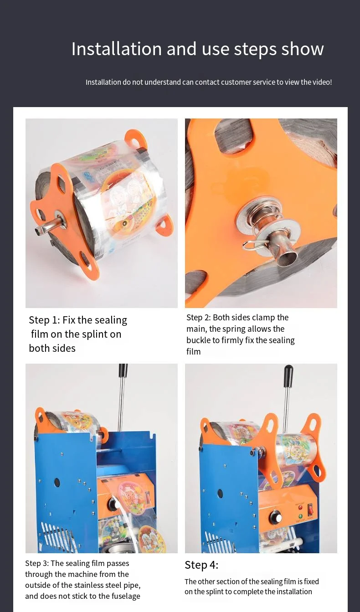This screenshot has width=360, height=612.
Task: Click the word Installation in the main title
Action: click(116, 49)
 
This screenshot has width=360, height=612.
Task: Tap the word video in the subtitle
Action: click(321, 82)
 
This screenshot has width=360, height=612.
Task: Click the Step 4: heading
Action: click(201, 565)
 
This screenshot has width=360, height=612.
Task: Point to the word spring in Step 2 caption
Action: click(260, 329)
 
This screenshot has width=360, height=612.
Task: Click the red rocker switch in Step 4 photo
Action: click(310, 506)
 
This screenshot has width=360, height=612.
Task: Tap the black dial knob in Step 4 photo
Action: click(275, 517)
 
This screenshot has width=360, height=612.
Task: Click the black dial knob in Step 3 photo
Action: click(112, 504)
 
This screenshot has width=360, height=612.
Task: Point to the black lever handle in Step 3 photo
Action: click(123, 370)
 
